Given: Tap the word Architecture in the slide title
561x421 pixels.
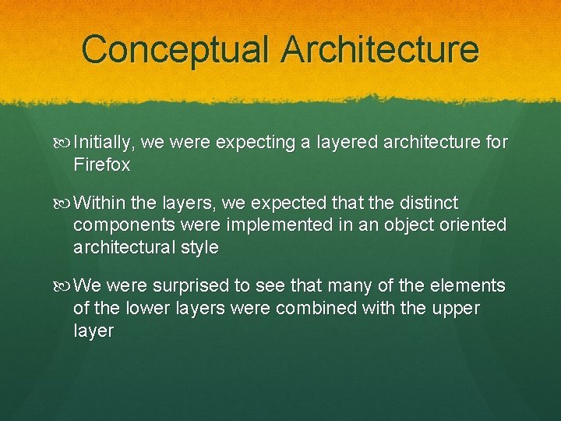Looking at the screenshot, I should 380,48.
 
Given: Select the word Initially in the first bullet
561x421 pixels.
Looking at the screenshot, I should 105,143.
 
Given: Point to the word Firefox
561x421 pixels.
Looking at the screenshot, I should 101,165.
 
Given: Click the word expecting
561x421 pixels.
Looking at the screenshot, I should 253,143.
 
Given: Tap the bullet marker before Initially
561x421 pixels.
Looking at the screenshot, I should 64,143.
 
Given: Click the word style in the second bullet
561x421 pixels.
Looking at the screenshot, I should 200,248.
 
